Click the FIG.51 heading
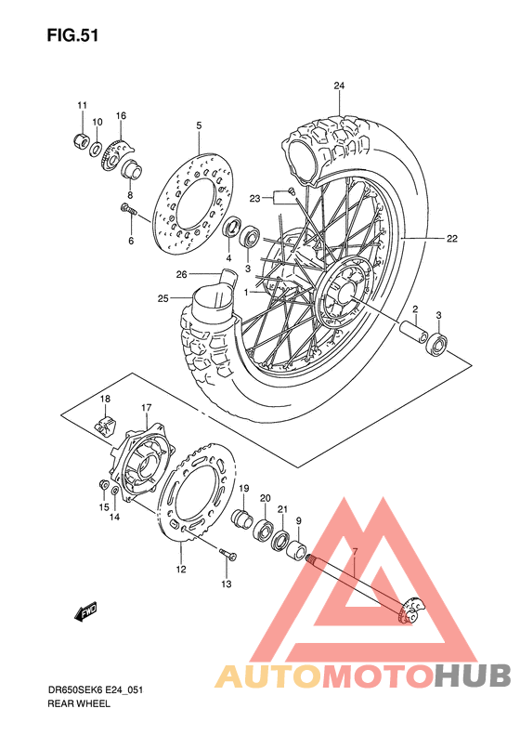click(71, 35)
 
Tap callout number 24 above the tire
click(339, 86)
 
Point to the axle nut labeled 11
click(81, 141)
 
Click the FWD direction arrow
click(87, 611)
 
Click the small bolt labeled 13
click(225, 556)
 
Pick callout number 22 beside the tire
click(451, 239)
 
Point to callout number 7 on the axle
click(354, 552)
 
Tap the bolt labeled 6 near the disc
click(127, 210)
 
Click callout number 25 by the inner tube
click(163, 298)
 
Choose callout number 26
click(182, 274)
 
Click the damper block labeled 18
click(107, 421)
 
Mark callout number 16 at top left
click(120, 115)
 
